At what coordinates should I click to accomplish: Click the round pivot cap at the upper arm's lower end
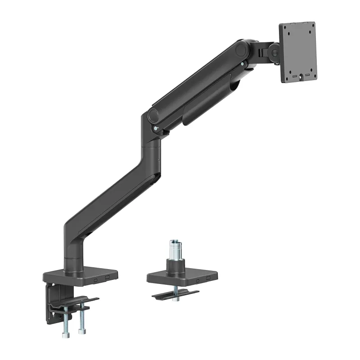(154, 113)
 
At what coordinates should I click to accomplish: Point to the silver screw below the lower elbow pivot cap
(156, 129)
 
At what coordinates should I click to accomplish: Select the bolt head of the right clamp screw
(82, 331)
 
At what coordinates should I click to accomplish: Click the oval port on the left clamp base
(96, 279)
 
